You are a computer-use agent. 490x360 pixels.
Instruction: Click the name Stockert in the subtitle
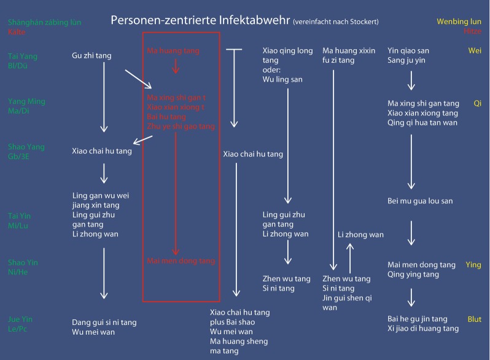[363, 22]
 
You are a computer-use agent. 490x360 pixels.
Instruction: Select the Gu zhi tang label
[91, 56]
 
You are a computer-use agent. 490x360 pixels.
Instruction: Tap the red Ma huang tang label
[175, 50]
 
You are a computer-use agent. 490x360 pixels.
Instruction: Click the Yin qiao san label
[408, 50]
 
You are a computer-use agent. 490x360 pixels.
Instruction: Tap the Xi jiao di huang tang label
[423, 329]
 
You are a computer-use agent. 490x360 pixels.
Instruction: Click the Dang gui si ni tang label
[104, 322]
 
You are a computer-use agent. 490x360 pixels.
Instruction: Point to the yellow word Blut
[473, 319]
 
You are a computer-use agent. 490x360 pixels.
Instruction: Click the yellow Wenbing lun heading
[459, 22]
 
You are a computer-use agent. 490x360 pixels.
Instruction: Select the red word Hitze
[473, 31]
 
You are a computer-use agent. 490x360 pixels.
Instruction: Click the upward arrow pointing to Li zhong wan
[351, 256]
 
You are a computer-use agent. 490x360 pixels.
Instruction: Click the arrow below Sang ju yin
[411, 80]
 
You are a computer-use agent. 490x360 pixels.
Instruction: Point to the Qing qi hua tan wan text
[422, 122]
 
